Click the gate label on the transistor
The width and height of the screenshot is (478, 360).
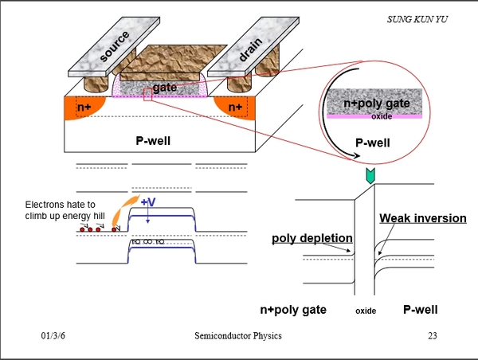164,87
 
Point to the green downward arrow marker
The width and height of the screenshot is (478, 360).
368,175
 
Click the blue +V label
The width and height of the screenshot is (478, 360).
149,202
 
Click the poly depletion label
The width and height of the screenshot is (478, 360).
311,237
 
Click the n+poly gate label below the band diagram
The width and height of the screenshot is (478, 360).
294,308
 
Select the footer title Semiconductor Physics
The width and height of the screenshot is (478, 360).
237,335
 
